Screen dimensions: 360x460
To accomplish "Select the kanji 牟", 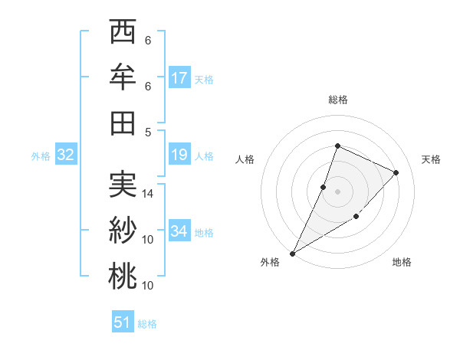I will tap(122, 77).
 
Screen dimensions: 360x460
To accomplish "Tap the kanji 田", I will tap(122, 123).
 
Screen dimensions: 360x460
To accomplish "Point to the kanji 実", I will tap(122, 185).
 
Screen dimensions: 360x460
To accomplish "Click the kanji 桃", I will tap(122, 276).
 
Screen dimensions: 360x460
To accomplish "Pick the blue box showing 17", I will tap(179, 78).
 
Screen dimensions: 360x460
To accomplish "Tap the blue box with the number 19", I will tap(179, 155).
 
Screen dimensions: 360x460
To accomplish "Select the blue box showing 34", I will tap(179, 231).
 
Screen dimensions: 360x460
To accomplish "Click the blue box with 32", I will tap(65, 155).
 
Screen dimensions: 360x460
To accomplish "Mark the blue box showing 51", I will tap(123, 322).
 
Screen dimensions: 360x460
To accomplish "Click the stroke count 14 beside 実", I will tap(148, 194).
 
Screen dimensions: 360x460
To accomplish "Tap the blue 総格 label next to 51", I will tap(147, 324).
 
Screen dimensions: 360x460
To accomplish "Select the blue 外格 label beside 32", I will tap(41, 156).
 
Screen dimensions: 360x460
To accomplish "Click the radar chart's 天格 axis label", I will tap(431, 159).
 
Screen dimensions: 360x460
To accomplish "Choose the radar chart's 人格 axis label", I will tap(245, 159).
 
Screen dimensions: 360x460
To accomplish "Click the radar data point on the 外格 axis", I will tap(292, 254).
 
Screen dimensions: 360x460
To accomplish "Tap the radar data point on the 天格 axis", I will tap(396, 172).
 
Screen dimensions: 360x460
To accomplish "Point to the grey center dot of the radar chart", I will tap(338, 191).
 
